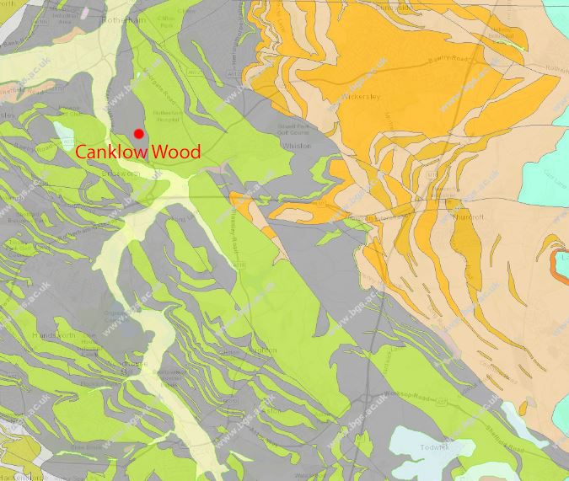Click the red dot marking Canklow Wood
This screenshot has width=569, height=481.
138,133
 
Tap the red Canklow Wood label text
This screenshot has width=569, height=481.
138,152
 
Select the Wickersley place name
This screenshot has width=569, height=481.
362,97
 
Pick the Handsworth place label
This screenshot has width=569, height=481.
55,335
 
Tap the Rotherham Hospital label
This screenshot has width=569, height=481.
166,115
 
